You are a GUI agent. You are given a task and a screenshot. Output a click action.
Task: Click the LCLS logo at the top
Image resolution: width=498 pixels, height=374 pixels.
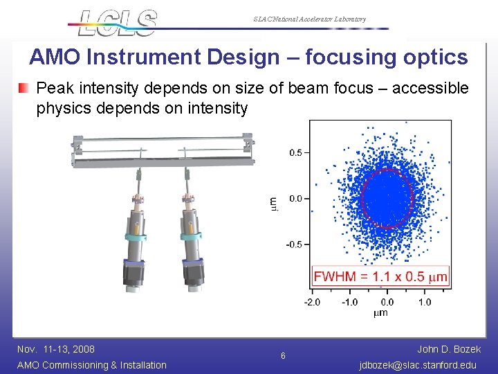(x=118, y=22)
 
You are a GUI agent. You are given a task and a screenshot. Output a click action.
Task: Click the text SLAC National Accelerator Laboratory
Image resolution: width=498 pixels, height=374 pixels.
(x=309, y=19)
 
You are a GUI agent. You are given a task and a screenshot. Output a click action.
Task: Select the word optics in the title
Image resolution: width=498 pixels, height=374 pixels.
(x=434, y=57)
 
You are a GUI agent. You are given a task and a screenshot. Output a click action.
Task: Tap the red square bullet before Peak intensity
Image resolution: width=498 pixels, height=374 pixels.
(x=24, y=89)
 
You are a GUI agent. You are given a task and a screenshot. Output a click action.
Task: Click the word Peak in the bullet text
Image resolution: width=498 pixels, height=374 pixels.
(x=52, y=89)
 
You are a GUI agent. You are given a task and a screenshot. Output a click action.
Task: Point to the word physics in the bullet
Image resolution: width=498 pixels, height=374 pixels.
(x=60, y=108)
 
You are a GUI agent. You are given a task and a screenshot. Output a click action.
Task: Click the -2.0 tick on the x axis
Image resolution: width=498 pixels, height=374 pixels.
(x=312, y=302)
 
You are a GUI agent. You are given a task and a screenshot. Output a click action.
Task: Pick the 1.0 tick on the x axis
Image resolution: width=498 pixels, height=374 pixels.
(x=425, y=302)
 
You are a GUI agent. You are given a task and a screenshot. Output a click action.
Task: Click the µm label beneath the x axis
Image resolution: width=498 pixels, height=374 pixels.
(x=380, y=313)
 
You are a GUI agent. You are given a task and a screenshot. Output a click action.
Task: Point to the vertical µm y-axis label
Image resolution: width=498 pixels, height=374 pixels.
(x=273, y=202)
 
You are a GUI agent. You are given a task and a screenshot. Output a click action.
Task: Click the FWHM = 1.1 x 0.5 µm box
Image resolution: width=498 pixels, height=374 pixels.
(x=380, y=276)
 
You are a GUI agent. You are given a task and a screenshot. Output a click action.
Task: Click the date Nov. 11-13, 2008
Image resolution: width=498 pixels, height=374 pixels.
(x=56, y=349)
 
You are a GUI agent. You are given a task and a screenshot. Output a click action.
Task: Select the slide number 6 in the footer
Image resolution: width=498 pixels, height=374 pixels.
(x=283, y=356)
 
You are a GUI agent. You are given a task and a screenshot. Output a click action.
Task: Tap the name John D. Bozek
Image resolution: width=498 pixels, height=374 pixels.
(x=450, y=349)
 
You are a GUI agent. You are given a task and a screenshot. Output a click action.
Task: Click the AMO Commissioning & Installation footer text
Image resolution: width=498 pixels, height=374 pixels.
(x=91, y=365)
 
